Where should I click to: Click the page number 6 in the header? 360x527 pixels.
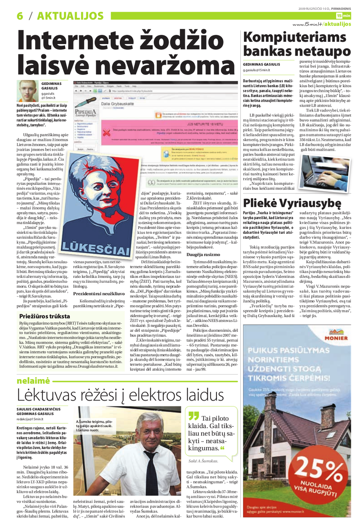[20, 15]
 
